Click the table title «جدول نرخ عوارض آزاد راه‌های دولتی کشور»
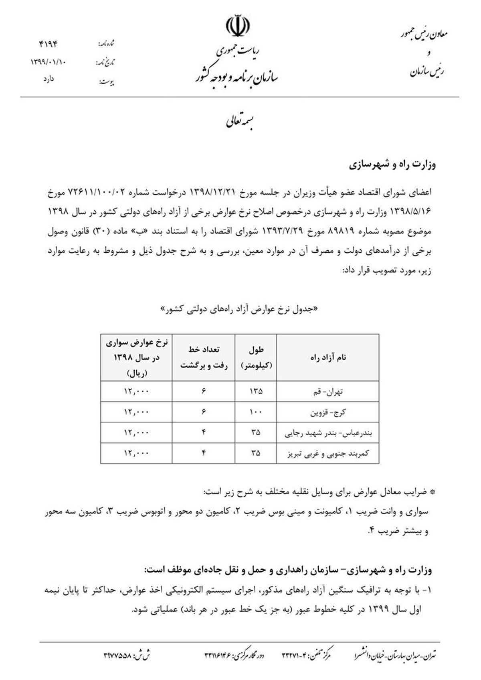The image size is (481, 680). point(240,309)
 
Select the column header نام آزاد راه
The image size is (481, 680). point(327,357)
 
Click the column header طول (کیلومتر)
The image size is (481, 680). point(256,357)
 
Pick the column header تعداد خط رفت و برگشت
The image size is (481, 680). point(204,357)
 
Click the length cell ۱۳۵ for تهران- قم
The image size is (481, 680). point(256,392)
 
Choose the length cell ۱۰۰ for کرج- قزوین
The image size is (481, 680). point(256,412)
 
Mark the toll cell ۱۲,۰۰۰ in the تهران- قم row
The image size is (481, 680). point(136,392)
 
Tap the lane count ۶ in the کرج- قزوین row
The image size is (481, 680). point(204,412)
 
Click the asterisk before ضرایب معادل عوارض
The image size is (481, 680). point(432,492)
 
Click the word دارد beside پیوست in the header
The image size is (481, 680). point(49,79)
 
